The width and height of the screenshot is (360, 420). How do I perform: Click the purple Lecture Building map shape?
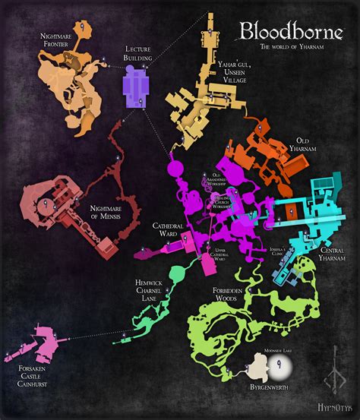pyautogui.click(x=137, y=90)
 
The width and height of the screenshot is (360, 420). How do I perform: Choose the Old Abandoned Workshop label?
pyautogui.click(x=210, y=180)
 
